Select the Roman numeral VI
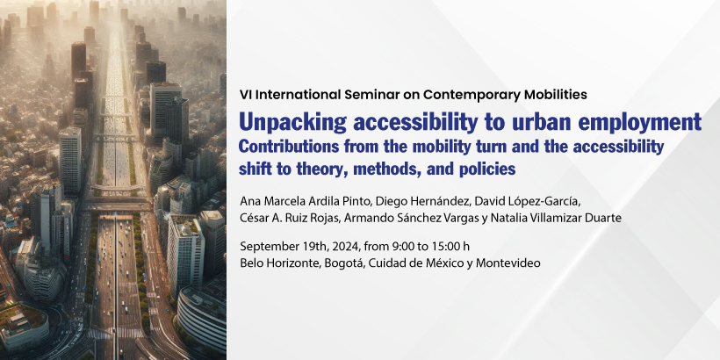pos(245,95)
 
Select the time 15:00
pos(443,247)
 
